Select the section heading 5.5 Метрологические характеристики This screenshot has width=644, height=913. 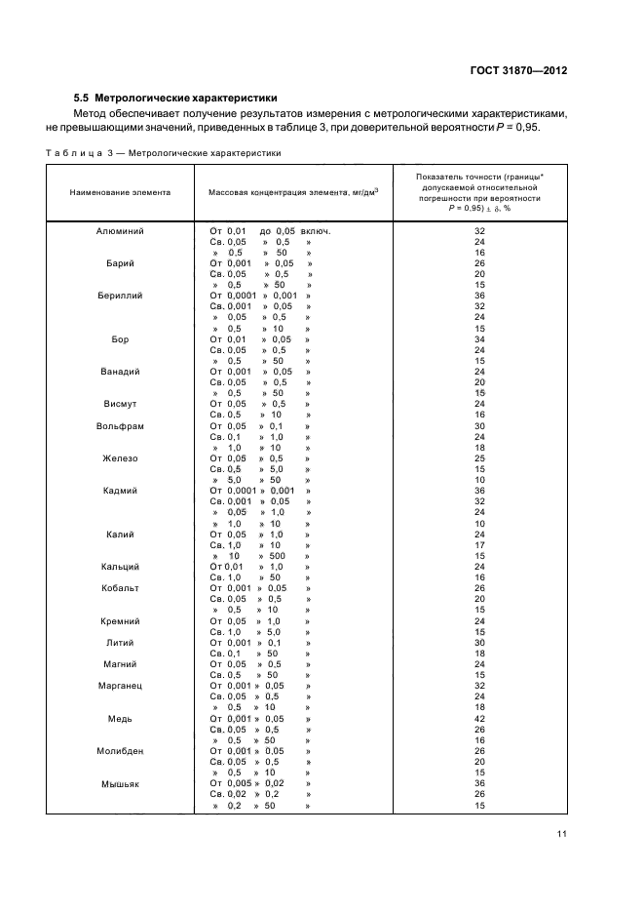pos(175,99)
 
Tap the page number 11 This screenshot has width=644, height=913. pos(562,833)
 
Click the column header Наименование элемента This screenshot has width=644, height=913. pos(120,192)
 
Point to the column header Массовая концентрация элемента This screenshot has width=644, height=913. pos(293,192)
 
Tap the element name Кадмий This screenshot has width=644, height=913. pos(120,491)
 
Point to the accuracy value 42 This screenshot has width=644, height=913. pos(479,719)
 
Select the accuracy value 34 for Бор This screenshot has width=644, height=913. pos(479,339)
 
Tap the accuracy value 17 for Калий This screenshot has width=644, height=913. pos(479,545)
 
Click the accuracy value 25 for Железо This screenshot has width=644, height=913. pos(479,458)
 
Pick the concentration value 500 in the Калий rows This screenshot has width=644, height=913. pos(277,556)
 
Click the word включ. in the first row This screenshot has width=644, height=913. pos(317,231)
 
